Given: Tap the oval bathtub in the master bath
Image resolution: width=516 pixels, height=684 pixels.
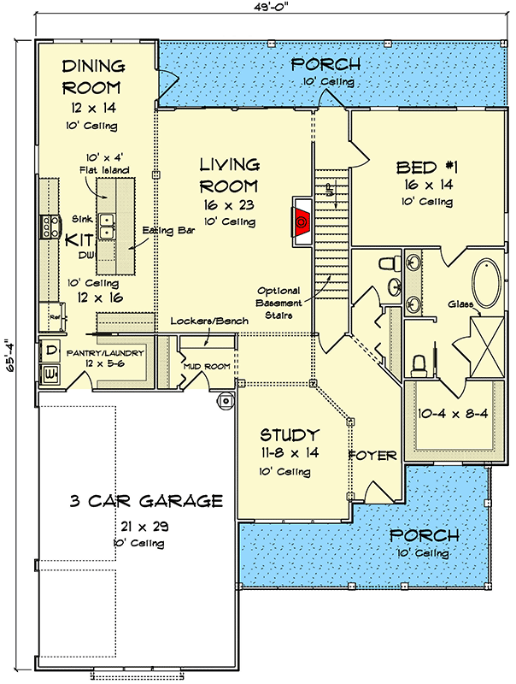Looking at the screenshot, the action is pyautogui.click(x=487, y=284).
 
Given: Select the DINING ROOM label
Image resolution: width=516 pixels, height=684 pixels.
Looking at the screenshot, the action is pyautogui.click(x=93, y=77).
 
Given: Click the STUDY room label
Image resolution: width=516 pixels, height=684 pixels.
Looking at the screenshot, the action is pyautogui.click(x=290, y=434).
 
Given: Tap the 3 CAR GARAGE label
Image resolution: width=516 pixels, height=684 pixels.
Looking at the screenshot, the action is pyautogui.click(x=146, y=501).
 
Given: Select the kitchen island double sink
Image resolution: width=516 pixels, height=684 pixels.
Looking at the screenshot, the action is pyautogui.click(x=106, y=227).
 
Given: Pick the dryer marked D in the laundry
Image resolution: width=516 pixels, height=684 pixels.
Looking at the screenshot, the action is pyautogui.click(x=50, y=351).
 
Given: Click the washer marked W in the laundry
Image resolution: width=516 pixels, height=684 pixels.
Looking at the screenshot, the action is pyautogui.click(x=50, y=374).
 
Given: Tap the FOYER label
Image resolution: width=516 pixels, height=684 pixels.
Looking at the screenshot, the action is pyautogui.click(x=372, y=456).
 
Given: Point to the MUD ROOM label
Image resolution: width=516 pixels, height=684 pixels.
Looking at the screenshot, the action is pyautogui.click(x=207, y=367).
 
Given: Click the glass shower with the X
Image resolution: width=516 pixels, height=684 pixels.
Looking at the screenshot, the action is pyautogui.click(x=487, y=346).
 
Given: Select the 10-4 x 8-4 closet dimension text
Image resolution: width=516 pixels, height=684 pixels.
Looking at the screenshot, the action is pyautogui.click(x=454, y=413).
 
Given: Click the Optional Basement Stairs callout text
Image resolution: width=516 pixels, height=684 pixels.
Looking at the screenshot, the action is pyautogui.click(x=279, y=303).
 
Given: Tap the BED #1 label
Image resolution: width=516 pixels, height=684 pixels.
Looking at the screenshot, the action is pyautogui.click(x=426, y=168).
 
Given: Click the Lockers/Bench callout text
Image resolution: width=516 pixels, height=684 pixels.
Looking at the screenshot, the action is pyautogui.click(x=209, y=321).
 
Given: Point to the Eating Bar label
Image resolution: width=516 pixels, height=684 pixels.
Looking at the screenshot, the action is pyautogui.click(x=168, y=230).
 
